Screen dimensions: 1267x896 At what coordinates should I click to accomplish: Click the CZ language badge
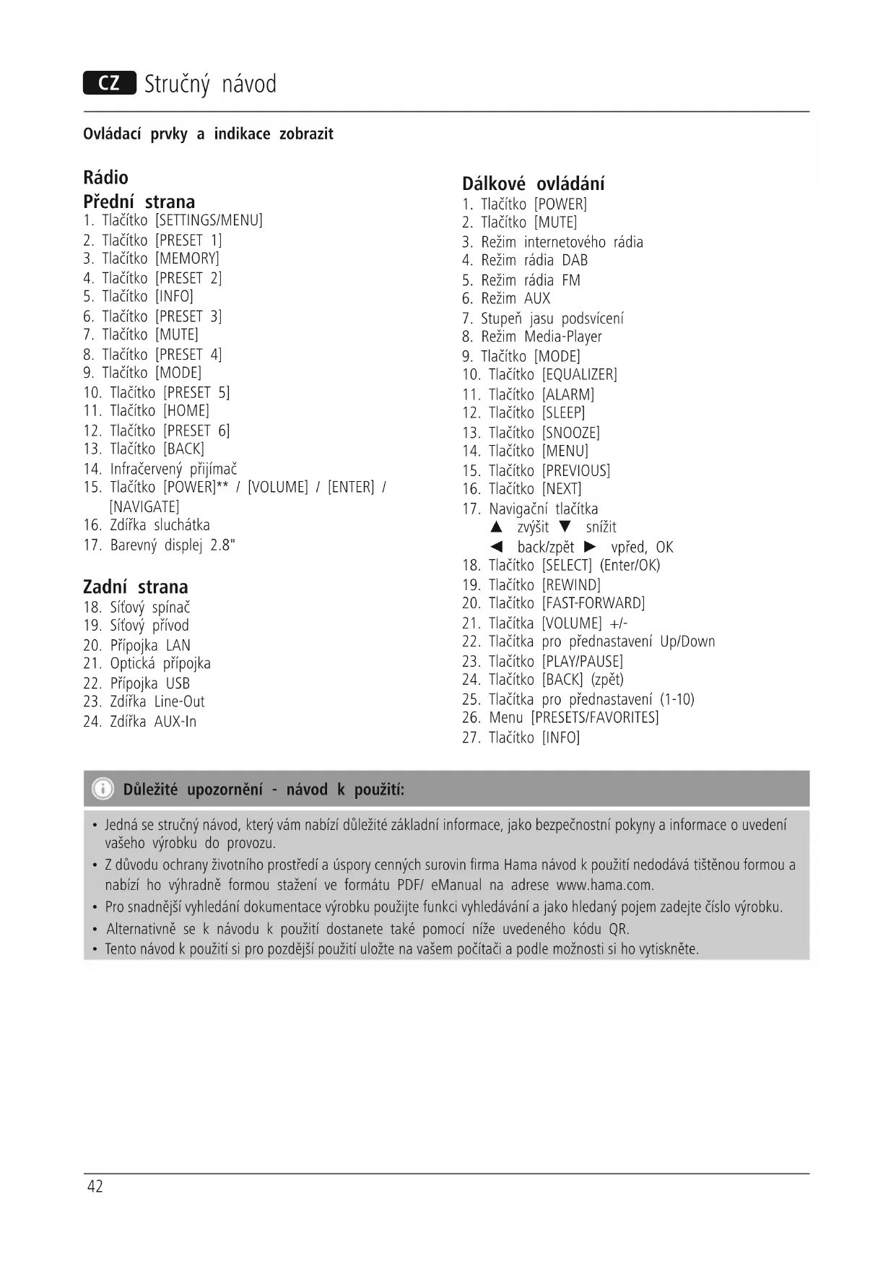(x=109, y=83)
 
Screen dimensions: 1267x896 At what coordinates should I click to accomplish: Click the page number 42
(x=95, y=1186)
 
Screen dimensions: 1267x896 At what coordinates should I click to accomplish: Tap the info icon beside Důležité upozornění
(x=104, y=788)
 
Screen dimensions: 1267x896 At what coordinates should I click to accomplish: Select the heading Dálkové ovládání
(x=533, y=183)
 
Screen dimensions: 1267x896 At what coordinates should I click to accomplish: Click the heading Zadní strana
(x=135, y=587)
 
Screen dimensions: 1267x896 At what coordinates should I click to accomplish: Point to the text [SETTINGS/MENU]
(x=209, y=220)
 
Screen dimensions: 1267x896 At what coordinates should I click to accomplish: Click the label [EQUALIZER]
(x=579, y=375)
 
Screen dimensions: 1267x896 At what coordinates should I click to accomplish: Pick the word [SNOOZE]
(x=570, y=433)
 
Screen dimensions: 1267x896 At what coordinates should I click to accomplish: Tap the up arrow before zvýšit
(x=496, y=527)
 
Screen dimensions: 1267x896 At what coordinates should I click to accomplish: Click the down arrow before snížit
(x=565, y=527)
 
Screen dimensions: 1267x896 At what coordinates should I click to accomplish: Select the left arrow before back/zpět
(x=496, y=546)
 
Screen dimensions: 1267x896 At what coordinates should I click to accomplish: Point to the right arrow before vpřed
(x=591, y=546)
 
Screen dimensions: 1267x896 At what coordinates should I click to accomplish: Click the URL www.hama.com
(x=604, y=885)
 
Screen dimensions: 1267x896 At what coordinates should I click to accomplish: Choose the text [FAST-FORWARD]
(x=593, y=603)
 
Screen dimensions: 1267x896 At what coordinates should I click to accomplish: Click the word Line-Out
(x=179, y=701)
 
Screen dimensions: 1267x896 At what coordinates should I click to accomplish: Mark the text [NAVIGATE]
(x=144, y=506)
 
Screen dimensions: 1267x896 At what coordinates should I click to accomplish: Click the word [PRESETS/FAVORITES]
(x=594, y=717)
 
